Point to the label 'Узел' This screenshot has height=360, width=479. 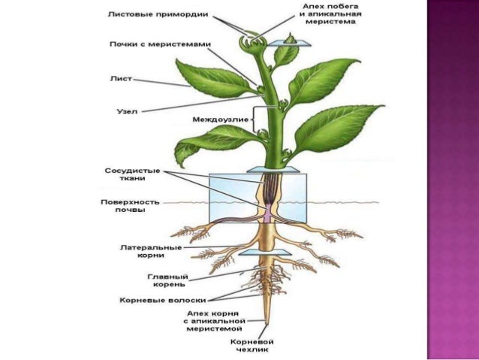coord(125,110)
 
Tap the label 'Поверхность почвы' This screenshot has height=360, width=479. coord(122,205)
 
